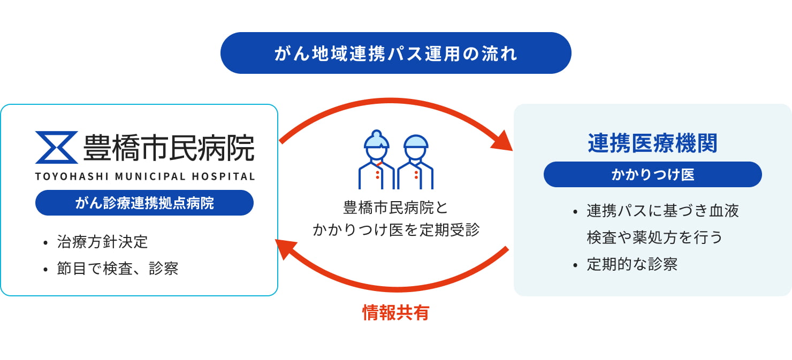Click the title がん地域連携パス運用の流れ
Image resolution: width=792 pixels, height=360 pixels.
(x=395, y=53)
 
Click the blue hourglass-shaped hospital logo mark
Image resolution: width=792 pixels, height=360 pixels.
(x=56, y=147)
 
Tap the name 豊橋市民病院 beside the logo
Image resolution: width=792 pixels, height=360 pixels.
(x=169, y=147)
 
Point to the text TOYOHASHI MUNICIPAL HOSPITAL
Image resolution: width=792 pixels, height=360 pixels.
(x=145, y=177)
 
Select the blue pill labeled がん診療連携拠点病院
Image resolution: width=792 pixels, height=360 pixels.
(x=144, y=203)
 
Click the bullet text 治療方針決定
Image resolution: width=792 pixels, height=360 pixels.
(x=102, y=242)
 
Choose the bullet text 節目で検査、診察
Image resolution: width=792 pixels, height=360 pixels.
(x=117, y=268)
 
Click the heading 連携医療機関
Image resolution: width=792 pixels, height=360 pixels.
(x=652, y=143)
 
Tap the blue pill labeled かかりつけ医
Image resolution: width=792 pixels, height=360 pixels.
(x=652, y=174)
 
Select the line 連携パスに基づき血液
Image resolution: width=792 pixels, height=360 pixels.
(x=662, y=211)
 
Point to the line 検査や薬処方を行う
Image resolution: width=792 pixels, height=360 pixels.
(x=654, y=237)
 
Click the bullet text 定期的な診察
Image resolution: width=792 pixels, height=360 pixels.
(x=632, y=264)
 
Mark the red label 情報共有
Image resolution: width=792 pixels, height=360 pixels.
(x=395, y=313)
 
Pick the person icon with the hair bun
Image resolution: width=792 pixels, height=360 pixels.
(x=377, y=160)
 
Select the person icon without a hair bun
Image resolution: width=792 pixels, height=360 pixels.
(x=415, y=162)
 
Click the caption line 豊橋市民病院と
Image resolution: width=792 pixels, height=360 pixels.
(x=395, y=207)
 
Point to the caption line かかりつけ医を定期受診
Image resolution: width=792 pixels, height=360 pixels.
(x=395, y=230)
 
